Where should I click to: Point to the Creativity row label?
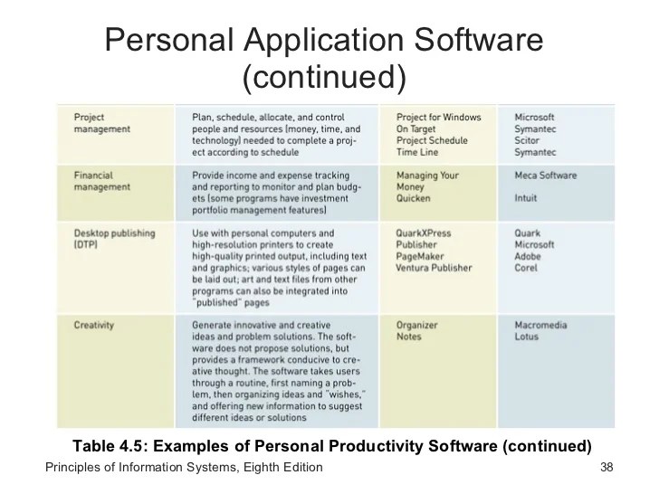point(95,324)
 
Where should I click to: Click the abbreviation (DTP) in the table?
point(86,244)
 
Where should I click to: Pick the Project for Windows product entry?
point(438,117)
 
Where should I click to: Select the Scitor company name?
point(528,141)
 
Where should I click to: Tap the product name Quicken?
point(415,198)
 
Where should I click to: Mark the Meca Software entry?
point(546,175)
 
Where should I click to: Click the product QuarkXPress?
point(424,233)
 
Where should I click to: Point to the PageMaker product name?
point(421,256)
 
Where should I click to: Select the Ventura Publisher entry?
point(435,268)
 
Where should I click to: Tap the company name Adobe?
point(529,256)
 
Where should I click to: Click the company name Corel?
point(527,268)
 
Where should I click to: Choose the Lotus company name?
point(526,337)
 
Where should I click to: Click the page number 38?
point(607,468)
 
